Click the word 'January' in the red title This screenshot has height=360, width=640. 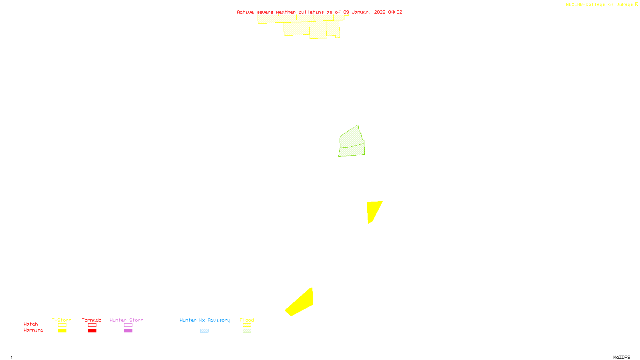coord(362,12)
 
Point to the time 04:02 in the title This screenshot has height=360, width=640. coord(395,12)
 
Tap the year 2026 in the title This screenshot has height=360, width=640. coord(380,12)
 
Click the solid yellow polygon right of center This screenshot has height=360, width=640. coord(373,210)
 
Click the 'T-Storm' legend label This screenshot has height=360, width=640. coord(62,320)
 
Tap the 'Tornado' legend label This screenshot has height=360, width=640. coord(92,320)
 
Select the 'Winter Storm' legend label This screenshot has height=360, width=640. coord(126,320)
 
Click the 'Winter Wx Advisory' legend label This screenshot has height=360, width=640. coord(205,320)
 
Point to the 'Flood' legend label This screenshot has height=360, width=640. coord(247,320)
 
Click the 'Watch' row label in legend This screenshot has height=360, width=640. coord(31,324)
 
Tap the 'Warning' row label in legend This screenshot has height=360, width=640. coord(34,330)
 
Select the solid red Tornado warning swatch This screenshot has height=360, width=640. coord(92,331)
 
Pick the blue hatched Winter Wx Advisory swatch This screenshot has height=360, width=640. coord(204,331)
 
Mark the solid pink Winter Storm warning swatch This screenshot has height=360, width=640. coord(128,331)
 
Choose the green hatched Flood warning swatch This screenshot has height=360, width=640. coord(247,331)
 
